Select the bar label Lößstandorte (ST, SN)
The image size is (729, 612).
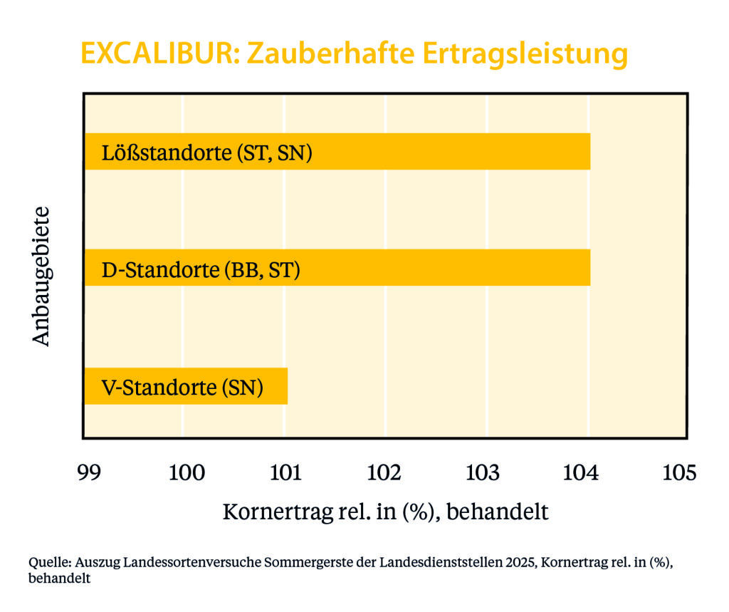[x=206, y=153]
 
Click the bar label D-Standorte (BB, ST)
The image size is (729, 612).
[x=201, y=271]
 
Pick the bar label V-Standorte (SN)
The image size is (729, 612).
[x=182, y=388]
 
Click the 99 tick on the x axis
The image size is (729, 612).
[x=89, y=472]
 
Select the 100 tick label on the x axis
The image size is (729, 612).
[x=187, y=472]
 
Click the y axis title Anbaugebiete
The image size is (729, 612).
[x=42, y=276]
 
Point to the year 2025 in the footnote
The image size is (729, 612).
[x=520, y=562]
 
